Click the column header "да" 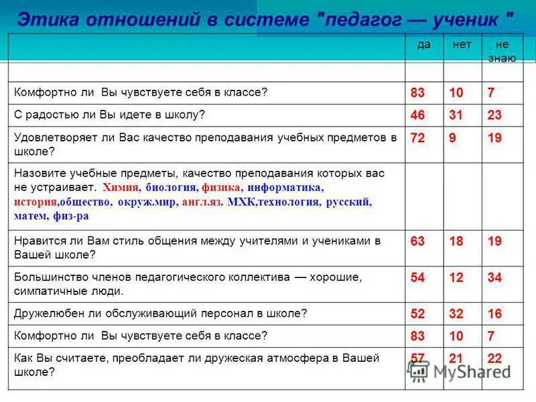tap(423, 44)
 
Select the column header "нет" tap(462, 44)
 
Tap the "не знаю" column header tap(501, 51)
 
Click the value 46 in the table tap(417, 115)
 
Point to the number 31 tap(456, 115)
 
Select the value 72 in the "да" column tap(417, 138)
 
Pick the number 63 tap(417, 242)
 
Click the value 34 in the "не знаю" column tap(495, 278)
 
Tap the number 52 tap(417, 314)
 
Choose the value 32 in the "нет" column tap(456, 314)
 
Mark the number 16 tap(495, 314)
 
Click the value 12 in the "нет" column tap(456, 278)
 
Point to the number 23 tap(495, 115)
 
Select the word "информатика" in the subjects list tap(285, 188)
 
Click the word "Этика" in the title tap(42, 18)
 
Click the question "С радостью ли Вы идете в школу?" tap(109, 115)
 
